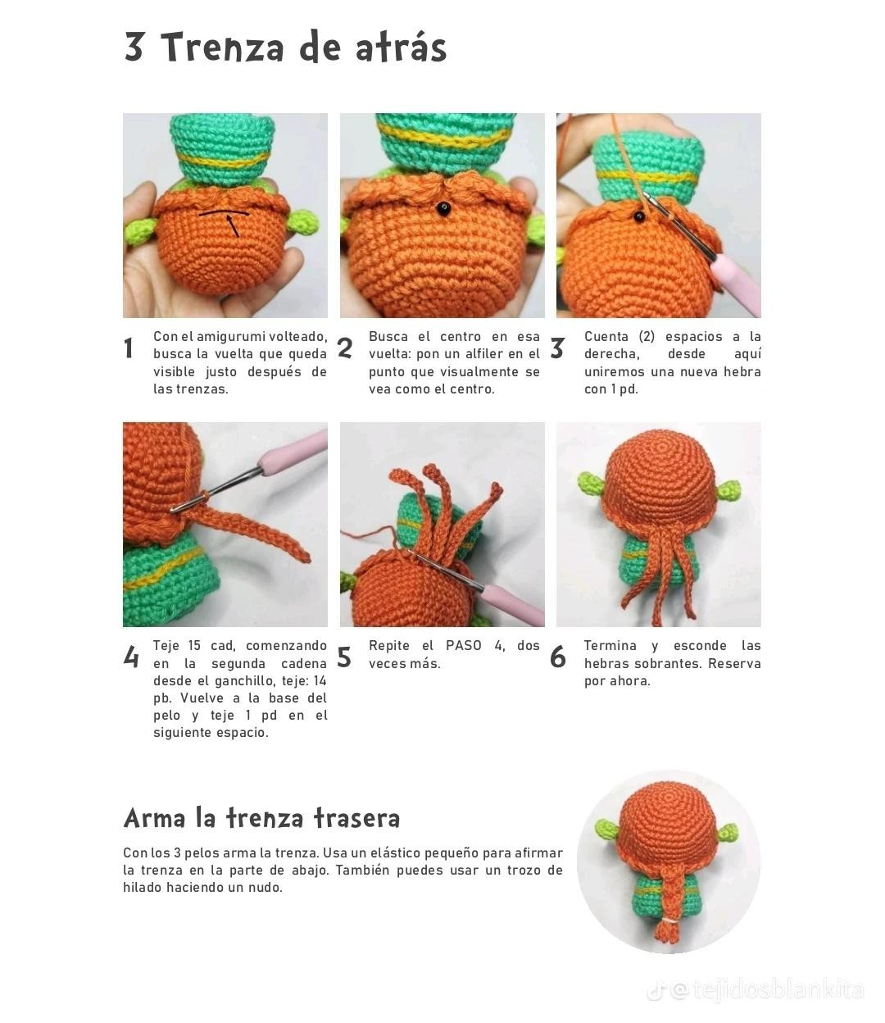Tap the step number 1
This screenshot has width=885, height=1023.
pos(129,348)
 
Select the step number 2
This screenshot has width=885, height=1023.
pos(345,348)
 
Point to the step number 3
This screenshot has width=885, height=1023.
pos(557,348)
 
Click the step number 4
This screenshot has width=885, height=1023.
pos(130,657)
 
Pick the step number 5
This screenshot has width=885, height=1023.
pos(345,657)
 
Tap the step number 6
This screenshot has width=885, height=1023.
pos(558,657)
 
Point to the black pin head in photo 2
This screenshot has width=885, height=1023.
pos(443,208)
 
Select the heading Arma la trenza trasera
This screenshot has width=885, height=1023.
pos(261,818)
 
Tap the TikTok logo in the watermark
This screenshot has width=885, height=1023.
pos(656,991)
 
